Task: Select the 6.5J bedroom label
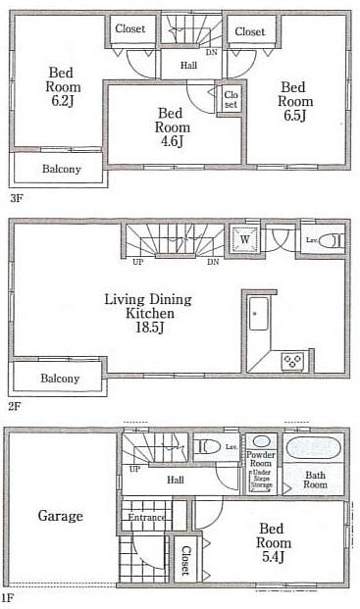tap(294, 102)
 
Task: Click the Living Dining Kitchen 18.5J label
tap(149, 307)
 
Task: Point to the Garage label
tap(60, 516)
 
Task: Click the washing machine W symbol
tap(242, 237)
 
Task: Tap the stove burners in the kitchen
tap(291, 361)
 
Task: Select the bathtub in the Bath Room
tap(314, 450)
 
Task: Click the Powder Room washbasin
tap(261, 442)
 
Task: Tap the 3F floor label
tap(17, 197)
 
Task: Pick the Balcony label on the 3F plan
tap(61, 169)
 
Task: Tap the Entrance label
tap(145, 516)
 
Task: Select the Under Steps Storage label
tap(261, 478)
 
